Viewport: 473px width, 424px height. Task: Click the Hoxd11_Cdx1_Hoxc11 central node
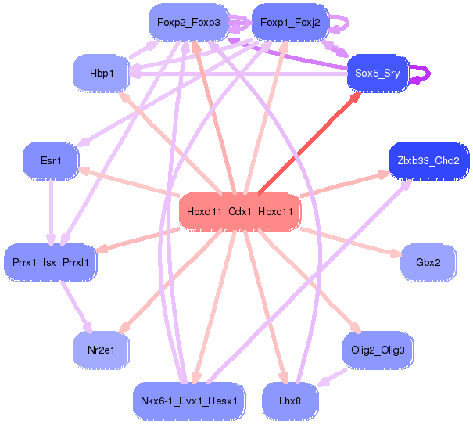pos(239,212)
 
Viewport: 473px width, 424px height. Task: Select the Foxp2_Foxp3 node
pos(188,23)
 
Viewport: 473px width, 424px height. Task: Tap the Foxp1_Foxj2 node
pos(290,23)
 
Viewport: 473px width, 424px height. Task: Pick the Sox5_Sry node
pos(378,73)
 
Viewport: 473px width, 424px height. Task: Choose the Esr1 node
pos(51,161)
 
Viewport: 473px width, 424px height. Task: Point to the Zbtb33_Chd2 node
pos(428,161)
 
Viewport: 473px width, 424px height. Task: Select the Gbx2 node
pos(428,262)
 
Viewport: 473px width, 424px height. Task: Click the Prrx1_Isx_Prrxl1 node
pos(51,262)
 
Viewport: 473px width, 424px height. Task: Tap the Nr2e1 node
pos(102,350)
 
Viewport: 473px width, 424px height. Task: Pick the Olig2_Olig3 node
pos(378,350)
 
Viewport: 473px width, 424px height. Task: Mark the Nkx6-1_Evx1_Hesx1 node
pos(188,400)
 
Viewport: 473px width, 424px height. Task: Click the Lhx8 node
pos(290,400)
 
